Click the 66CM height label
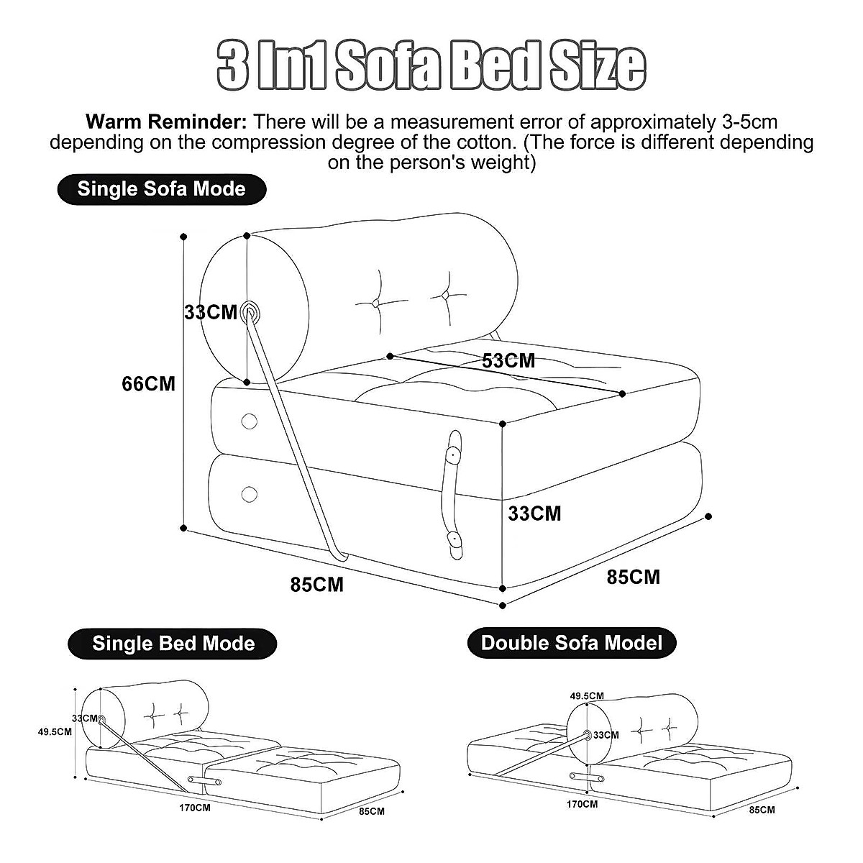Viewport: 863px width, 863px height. [148, 384]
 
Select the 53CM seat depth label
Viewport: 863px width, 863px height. [508, 360]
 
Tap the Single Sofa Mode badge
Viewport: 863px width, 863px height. [161, 189]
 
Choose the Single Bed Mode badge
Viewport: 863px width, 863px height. [173, 643]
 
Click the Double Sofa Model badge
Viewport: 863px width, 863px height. [572, 642]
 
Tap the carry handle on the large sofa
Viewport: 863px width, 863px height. [453, 494]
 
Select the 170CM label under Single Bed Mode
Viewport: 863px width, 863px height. [195, 807]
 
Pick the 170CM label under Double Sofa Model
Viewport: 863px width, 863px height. [582, 803]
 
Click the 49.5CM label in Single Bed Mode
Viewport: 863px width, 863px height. [55, 732]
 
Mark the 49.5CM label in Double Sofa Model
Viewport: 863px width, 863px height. [587, 695]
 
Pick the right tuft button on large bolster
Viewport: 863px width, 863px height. [445, 296]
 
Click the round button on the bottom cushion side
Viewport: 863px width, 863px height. [250, 494]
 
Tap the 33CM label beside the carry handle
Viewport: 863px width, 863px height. [534, 513]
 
